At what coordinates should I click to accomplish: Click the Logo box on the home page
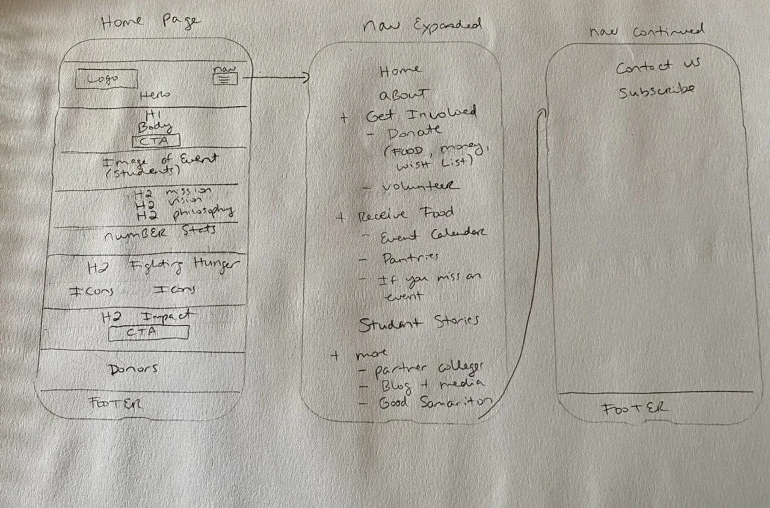[x=106, y=79]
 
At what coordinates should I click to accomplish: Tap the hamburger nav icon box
[x=225, y=78]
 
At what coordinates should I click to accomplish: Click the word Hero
[x=155, y=95]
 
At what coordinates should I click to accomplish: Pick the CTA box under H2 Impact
[x=149, y=332]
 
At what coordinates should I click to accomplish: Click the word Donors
[x=133, y=369]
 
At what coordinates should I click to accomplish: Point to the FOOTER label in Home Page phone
[x=115, y=403]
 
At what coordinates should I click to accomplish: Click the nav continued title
[x=647, y=31]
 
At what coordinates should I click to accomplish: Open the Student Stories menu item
[x=419, y=323]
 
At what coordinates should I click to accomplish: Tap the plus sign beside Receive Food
[x=340, y=217]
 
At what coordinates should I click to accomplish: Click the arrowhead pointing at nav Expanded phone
[x=306, y=77]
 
